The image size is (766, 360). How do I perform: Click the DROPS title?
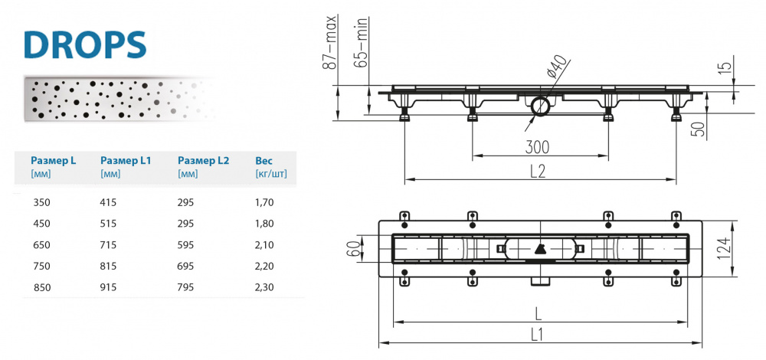tap(84, 44)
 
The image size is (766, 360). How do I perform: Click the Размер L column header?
tap(53, 161)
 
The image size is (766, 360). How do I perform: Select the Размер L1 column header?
tap(126, 161)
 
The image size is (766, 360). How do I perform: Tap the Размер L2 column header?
tap(203, 161)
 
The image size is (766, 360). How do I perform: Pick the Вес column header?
tap(264, 161)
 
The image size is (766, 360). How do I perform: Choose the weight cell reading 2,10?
tap(264, 245)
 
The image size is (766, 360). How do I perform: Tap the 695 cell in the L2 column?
tap(187, 266)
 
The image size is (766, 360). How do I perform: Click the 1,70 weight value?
tap(264, 203)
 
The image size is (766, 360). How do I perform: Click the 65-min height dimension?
tap(364, 44)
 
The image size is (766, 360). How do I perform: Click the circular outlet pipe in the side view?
tap(539, 107)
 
